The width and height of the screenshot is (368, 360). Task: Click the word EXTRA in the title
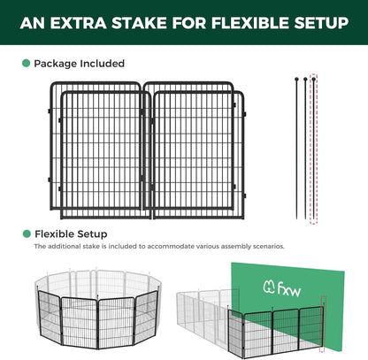coord(88,22)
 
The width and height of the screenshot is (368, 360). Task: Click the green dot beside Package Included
coord(26,64)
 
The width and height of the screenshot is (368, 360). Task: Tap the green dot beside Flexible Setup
coord(26,234)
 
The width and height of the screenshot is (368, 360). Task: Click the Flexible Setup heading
coord(71,234)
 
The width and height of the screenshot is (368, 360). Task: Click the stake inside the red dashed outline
coord(313,150)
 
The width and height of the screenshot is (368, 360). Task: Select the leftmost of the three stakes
coord(292,150)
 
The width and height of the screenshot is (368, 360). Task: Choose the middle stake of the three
coord(303,150)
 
